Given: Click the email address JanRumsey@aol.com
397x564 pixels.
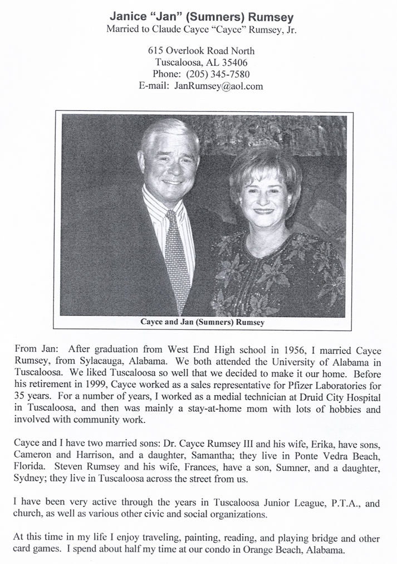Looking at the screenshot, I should click(218, 86).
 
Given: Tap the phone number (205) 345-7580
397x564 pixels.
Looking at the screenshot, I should click(218, 75).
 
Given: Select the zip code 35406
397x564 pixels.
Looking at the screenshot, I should click(234, 63).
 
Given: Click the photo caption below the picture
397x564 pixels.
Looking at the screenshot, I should click(202, 322).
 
